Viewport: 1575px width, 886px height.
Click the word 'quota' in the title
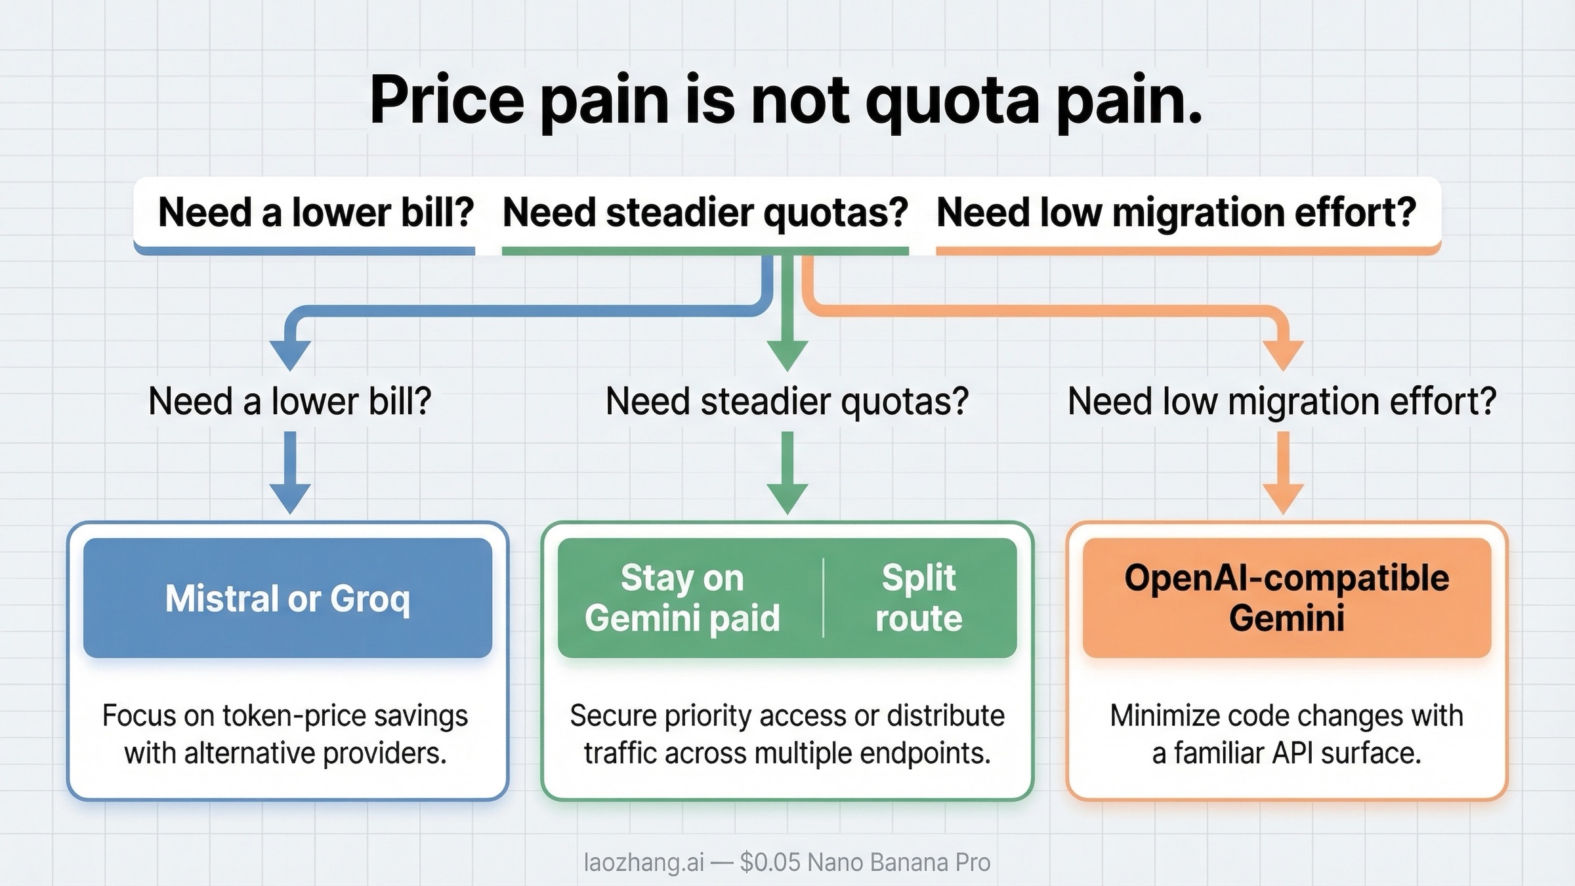[x=952, y=102]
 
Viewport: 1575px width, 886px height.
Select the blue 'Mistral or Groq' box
[x=287, y=598]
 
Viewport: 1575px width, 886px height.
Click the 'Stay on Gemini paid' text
[x=682, y=598]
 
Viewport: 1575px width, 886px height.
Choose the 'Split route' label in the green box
[x=919, y=598]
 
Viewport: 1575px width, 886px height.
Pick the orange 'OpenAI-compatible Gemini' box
[x=1286, y=598]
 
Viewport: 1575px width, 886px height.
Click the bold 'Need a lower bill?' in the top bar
[x=316, y=213]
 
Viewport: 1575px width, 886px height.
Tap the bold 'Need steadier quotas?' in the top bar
[x=705, y=213]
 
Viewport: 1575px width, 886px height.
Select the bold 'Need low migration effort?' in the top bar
[x=1176, y=213]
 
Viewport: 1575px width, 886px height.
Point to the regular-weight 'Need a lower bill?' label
[x=289, y=401]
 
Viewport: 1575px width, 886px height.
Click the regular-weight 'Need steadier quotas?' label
[x=787, y=401]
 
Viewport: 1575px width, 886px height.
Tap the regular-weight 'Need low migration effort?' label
[x=1282, y=401]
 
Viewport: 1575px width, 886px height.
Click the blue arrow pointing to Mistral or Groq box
[x=290, y=473]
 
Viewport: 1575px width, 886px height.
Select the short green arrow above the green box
[x=787, y=473]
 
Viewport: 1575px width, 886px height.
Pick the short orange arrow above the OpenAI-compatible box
[x=1283, y=473]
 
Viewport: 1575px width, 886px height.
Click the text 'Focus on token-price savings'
[x=285, y=715]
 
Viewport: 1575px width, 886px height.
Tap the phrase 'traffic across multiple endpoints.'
[x=787, y=753]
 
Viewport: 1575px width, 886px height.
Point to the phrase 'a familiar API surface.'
[x=1286, y=753]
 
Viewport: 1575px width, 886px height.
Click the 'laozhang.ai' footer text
[x=643, y=862]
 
